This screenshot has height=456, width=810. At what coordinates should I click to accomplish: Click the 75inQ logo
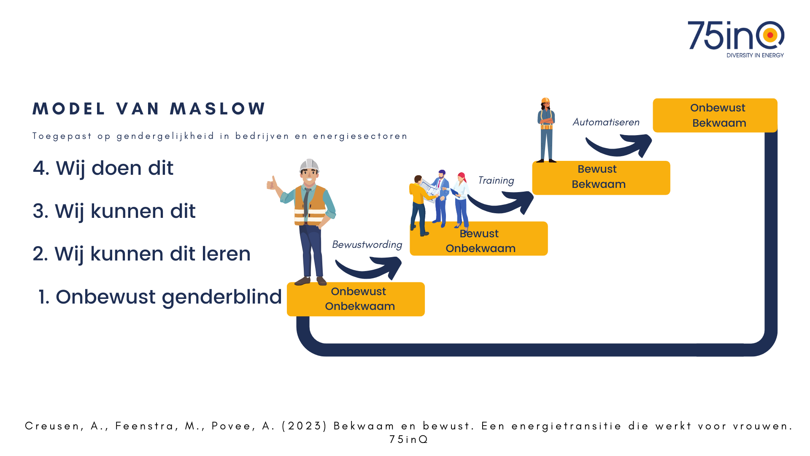click(x=736, y=39)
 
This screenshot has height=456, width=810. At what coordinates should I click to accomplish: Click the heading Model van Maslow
click(x=149, y=109)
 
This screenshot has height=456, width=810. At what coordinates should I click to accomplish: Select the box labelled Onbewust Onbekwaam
click(x=356, y=299)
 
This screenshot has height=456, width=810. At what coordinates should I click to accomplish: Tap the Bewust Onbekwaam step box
click(x=479, y=239)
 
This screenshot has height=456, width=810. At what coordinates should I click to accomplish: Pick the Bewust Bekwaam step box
click(x=601, y=178)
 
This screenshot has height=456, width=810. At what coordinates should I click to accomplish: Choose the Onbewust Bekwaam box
click(x=715, y=115)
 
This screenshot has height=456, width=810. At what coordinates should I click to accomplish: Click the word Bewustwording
click(x=367, y=245)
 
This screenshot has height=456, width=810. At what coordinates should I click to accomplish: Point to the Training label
click(x=496, y=181)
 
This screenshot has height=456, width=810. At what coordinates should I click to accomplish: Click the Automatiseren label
click(x=606, y=122)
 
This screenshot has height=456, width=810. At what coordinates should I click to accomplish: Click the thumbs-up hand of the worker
click(x=272, y=184)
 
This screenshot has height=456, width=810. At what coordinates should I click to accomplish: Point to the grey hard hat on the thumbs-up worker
click(x=309, y=165)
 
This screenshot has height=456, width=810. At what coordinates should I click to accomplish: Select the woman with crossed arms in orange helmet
click(x=546, y=130)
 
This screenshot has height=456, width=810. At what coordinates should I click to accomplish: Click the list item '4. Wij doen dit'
click(x=103, y=168)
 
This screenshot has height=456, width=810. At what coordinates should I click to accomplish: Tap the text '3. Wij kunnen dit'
click(x=114, y=211)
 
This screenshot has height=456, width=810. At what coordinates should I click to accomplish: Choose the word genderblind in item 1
click(x=222, y=297)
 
